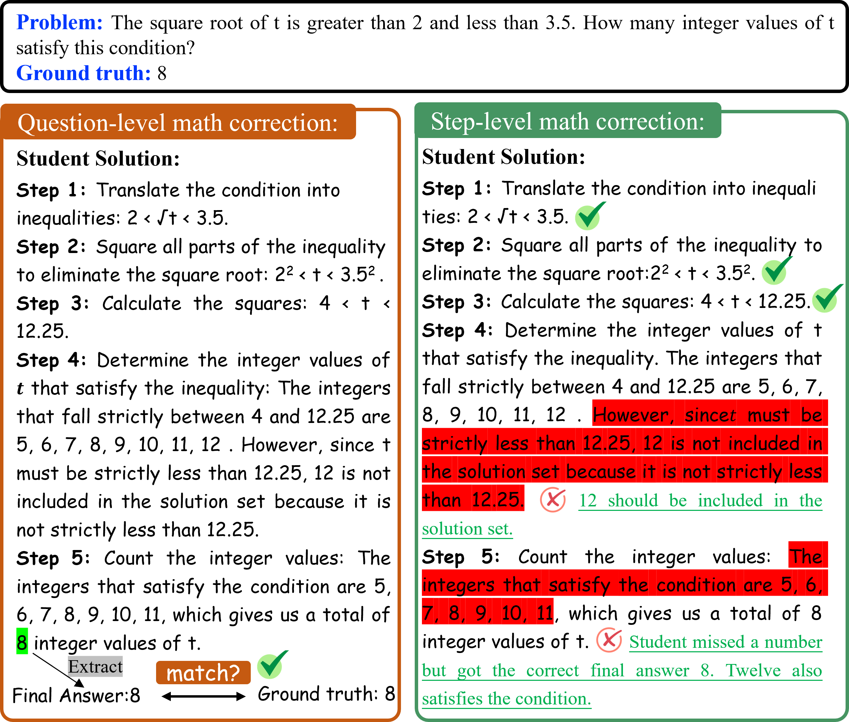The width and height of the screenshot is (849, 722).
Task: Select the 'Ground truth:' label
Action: [83, 73]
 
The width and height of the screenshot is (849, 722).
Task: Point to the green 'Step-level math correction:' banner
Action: [567, 121]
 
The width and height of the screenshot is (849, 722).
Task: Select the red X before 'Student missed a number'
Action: [609, 640]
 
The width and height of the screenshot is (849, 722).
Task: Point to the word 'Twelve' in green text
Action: [753, 671]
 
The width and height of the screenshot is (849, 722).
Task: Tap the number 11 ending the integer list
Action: [545, 613]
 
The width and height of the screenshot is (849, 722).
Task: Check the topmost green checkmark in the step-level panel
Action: [589, 216]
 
